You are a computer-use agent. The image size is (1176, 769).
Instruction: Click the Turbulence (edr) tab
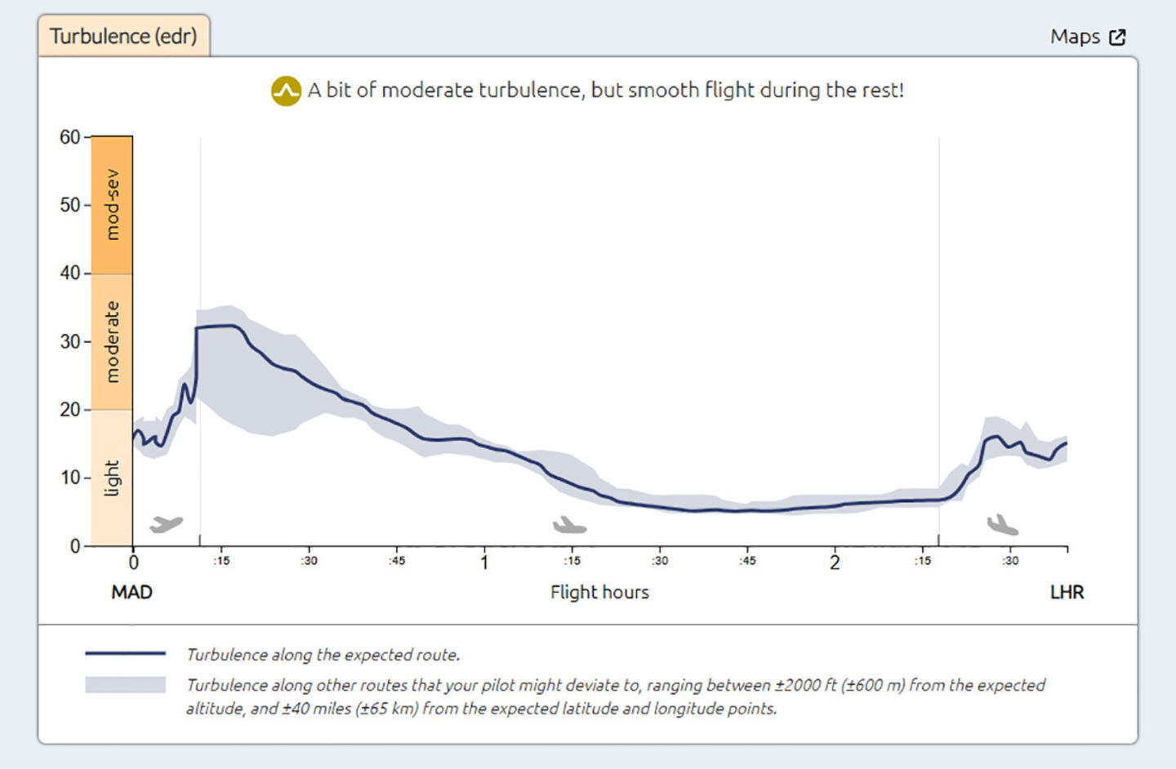point(123,36)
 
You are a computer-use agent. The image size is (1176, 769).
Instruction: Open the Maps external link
point(1088,37)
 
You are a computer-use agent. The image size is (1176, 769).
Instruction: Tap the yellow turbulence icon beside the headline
point(286,91)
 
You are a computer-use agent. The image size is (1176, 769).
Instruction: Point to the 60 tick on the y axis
point(70,137)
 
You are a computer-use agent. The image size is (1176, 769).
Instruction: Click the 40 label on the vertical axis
point(70,273)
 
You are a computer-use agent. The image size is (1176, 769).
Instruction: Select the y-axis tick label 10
point(70,478)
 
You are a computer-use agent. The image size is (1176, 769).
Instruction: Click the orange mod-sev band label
point(112,205)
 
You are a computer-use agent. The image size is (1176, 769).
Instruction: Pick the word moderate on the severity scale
point(112,341)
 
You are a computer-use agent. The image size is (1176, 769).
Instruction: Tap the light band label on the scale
point(112,478)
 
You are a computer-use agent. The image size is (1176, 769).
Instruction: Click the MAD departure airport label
point(131,592)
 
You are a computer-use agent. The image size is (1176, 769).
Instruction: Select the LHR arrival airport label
point(1067,592)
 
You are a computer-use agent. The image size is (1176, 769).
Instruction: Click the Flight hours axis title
point(599,592)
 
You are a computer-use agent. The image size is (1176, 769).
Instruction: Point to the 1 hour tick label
point(484,562)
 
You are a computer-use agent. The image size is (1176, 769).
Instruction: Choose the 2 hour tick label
point(835,562)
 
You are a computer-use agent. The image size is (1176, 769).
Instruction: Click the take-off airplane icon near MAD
point(167,523)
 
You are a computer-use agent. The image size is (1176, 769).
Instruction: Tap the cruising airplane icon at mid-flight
point(569,525)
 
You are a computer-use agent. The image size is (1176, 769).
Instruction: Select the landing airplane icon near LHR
point(1002,525)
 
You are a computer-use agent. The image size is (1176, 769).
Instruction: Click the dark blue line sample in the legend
point(125,654)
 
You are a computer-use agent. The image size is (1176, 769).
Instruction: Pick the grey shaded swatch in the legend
point(125,685)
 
